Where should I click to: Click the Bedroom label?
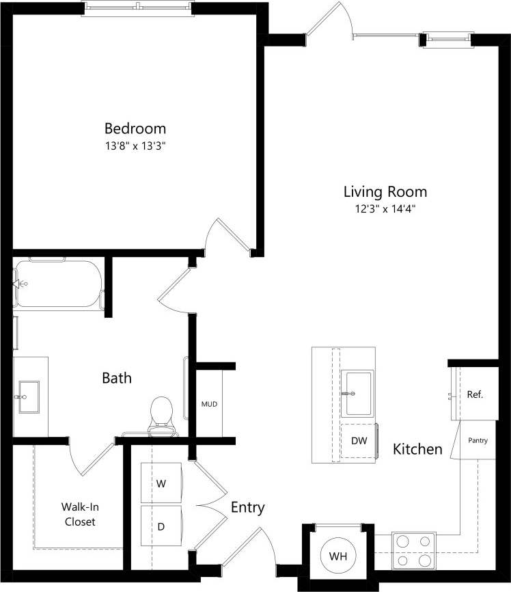(x=135, y=129)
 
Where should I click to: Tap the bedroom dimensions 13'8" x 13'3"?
(x=135, y=146)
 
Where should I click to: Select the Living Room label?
(x=385, y=191)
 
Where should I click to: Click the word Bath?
(x=117, y=378)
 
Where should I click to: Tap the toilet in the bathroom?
(x=161, y=412)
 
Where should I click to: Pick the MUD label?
(x=209, y=404)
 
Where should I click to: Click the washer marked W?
(x=161, y=483)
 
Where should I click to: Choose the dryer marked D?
(x=161, y=526)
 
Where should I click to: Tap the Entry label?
(x=247, y=508)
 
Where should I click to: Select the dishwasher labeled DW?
(x=359, y=441)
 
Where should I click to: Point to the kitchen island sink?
(x=358, y=393)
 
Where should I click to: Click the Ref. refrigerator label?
(x=475, y=394)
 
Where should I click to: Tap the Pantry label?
(x=478, y=441)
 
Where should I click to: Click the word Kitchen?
(x=417, y=449)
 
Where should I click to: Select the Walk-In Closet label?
(x=79, y=514)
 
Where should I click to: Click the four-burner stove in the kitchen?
(x=415, y=551)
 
